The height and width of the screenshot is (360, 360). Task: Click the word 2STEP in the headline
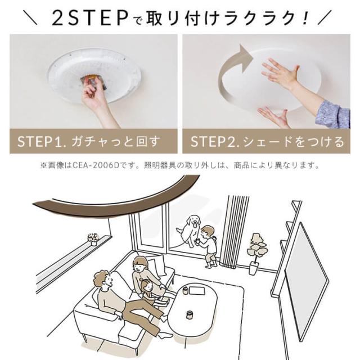(90, 19)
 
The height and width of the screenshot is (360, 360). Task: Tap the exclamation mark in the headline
(305, 19)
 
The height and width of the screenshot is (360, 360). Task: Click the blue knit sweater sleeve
(334, 114)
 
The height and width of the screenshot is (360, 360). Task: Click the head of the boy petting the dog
(207, 232)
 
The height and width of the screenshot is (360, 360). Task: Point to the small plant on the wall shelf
(93, 239)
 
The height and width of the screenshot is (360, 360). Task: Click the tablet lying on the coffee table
(196, 291)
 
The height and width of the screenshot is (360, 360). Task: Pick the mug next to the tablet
(185, 290)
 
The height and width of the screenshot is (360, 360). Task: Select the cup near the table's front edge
(190, 314)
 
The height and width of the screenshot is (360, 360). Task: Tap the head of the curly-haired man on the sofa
(103, 279)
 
